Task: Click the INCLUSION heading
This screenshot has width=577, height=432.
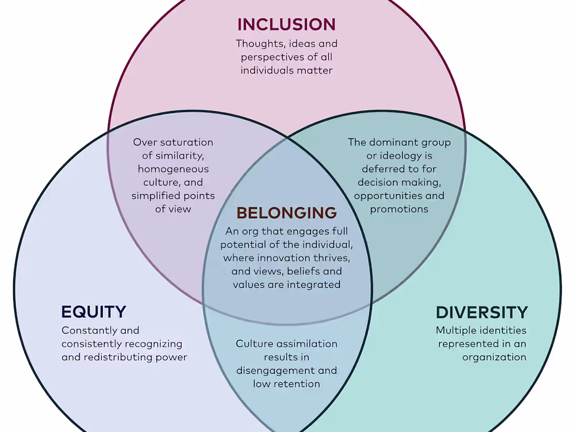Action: (x=286, y=25)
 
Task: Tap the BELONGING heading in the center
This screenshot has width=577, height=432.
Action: (x=286, y=213)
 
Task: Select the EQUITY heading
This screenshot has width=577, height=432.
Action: (x=93, y=312)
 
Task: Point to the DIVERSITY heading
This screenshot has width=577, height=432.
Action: (x=482, y=313)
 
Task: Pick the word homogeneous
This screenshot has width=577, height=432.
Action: (x=173, y=169)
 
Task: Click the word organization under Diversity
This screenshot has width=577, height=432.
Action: (x=494, y=358)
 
